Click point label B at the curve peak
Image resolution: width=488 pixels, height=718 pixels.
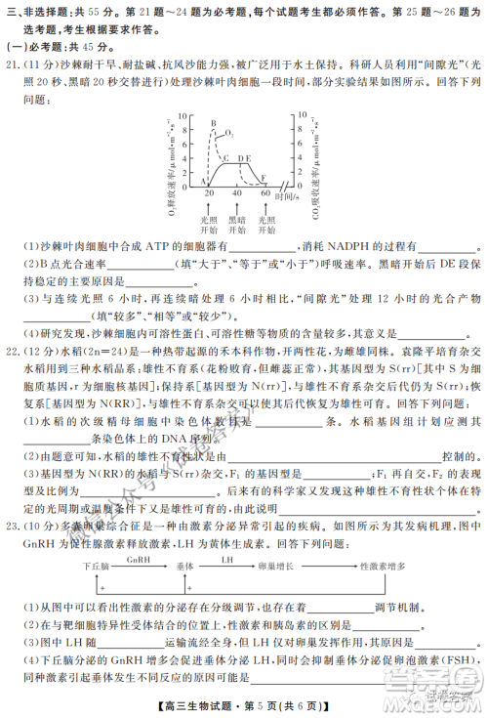pyautogui.click(x=212, y=124)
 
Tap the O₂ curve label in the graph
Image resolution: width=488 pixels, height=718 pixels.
pyautogui.click(x=229, y=130)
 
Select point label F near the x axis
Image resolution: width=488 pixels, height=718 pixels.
pyautogui.click(x=264, y=176)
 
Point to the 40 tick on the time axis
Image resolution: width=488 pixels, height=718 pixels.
pyautogui.click(x=236, y=193)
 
